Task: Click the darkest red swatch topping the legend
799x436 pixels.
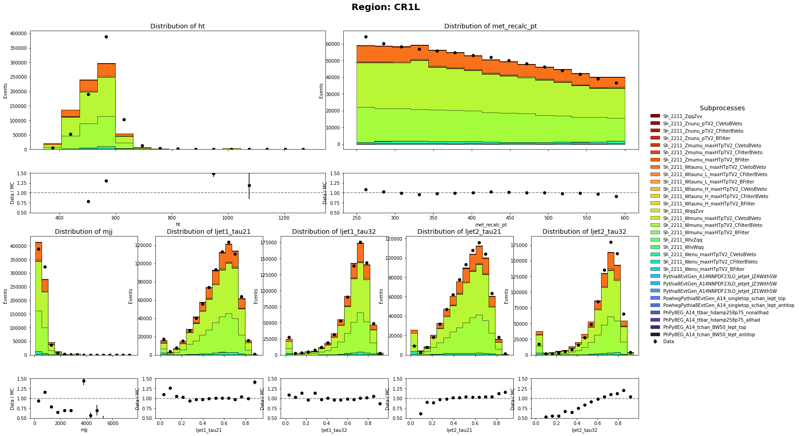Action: click(655, 116)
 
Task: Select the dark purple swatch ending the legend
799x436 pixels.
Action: click(655, 334)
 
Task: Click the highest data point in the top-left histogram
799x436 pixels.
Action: click(106, 37)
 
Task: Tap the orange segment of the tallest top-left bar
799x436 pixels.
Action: click(106, 70)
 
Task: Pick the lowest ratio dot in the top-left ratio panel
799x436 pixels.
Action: click(88, 201)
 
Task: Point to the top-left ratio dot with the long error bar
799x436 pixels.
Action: click(249, 185)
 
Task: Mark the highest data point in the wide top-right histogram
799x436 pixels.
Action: click(366, 37)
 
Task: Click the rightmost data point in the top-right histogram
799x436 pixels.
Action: click(616, 83)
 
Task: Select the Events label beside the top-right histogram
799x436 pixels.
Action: click(321, 91)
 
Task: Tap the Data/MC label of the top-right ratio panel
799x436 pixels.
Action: click(325, 193)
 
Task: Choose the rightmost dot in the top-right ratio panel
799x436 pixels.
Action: click(616, 196)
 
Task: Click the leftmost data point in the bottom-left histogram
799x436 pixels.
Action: click(38, 249)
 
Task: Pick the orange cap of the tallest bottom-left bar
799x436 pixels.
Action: click(38, 252)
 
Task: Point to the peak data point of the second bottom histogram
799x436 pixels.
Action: click(229, 242)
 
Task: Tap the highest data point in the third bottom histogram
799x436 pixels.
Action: click(360, 242)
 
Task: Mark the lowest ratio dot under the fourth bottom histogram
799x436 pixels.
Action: click(421, 414)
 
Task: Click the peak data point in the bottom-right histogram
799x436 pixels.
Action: click(611, 242)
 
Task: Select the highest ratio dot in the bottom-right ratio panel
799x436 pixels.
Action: click(623, 390)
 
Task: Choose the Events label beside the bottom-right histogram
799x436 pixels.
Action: click(506, 296)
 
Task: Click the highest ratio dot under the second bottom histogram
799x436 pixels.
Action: click(255, 382)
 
